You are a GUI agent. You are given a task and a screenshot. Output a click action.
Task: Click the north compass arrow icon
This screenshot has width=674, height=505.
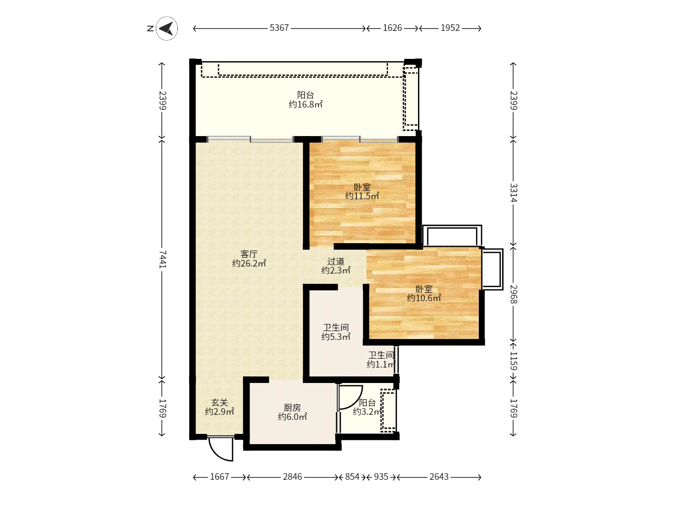(x=167, y=29)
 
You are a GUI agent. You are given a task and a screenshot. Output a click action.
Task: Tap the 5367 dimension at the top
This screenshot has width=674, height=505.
(x=279, y=28)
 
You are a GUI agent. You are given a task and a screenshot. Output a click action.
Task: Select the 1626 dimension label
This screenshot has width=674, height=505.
(x=392, y=28)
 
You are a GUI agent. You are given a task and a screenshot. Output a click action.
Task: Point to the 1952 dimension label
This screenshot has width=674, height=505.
(x=450, y=28)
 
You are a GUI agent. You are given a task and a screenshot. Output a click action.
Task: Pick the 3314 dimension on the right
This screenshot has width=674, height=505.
(x=513, y=193)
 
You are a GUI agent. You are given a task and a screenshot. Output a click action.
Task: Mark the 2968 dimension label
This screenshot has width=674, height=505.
(x=513, y=294)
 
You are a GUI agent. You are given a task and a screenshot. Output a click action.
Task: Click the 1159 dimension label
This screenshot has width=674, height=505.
(x=513, y=361)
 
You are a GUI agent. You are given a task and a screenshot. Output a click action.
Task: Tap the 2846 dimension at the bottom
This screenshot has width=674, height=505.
(x=293, y=477)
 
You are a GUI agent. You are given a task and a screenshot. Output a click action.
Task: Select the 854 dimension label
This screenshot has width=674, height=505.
(x=352, y=477)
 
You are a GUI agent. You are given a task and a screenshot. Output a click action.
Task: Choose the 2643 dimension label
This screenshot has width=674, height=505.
(x=439, y=477)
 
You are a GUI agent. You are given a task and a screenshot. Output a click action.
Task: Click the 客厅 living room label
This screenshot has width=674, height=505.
(x=249, y=254)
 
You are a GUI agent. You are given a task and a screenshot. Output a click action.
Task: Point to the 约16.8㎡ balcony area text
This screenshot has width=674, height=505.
(x=306, y=105)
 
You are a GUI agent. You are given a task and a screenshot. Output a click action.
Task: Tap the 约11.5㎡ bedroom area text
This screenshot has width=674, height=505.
(x=362, y=196)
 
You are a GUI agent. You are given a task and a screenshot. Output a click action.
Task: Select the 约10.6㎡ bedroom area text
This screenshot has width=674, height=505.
(x=424, y=298)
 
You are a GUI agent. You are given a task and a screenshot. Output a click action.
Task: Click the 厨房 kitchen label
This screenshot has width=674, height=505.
(x=292, y=408)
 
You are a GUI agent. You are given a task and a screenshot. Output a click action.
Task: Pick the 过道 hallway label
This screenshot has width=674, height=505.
(x=336, y=261)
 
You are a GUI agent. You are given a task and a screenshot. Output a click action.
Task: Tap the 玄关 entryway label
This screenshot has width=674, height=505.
(x=220, y=402)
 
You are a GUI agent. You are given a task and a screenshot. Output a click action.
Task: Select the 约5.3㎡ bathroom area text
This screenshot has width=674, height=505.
(x=336, y=337)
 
